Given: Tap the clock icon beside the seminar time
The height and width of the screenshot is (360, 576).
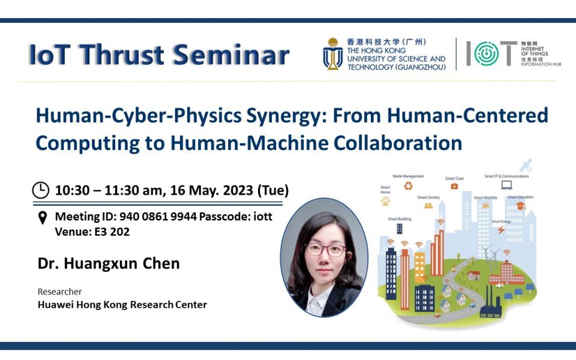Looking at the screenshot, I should pyautogui.click(x=40, y=190).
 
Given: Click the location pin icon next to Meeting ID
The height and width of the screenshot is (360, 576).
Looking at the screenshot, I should pyautogui.click(x=42, y=217).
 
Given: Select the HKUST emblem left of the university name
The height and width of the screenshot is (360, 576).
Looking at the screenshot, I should pyautogui.click(x=332, y=54).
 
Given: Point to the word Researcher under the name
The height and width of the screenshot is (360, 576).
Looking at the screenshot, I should pyautogui.click(x=59, y=292).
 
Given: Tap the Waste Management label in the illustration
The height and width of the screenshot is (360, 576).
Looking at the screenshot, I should pyautogui.click(x=408, y=176).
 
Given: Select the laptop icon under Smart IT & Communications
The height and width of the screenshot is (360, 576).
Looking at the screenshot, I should pyautogui.click(x=506, y=185).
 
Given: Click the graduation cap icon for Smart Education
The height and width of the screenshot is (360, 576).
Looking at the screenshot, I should pyautogui.click(x=520, y=205).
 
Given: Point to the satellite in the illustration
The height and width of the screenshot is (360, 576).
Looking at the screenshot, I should pyautogui.click(x=526, y=164).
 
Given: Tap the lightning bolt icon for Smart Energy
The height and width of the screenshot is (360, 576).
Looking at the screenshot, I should pyautogui.click(x=501, y=230).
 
